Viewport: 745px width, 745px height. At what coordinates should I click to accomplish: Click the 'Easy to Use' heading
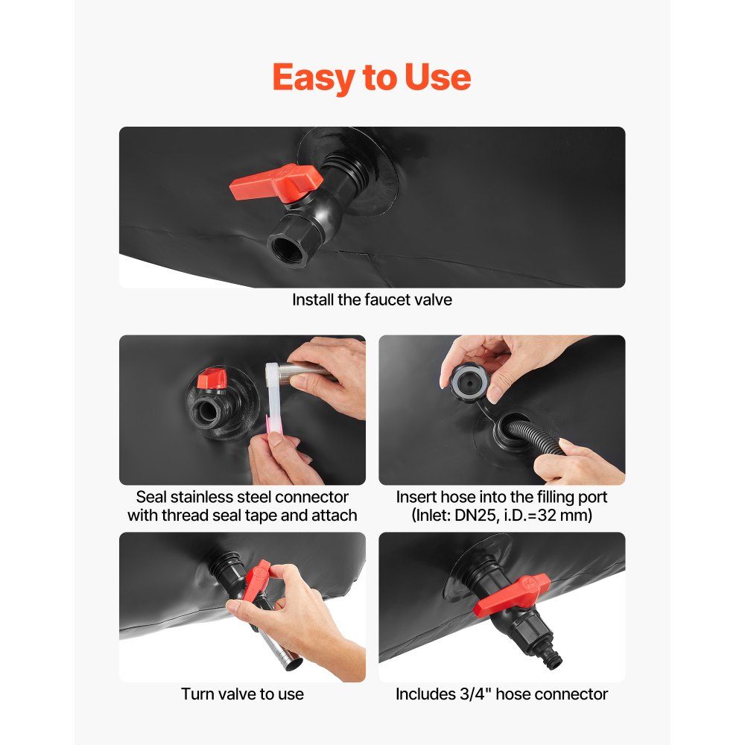pos(372,77)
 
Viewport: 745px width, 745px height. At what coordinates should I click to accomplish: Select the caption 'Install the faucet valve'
pos(372,299)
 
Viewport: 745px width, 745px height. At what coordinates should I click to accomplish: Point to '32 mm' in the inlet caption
pos(561,516)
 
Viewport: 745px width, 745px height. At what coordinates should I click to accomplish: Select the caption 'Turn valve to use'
pos(242,694)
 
